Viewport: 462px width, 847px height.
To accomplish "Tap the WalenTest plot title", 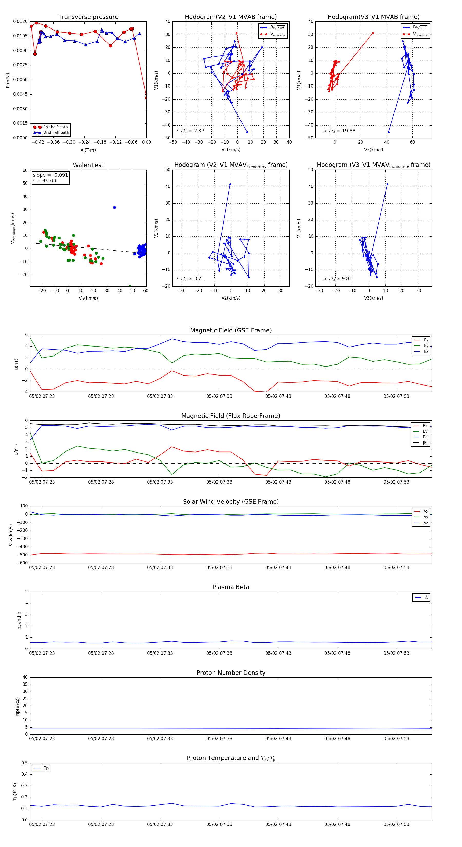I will (88, 165).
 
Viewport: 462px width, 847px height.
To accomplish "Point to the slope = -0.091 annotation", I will (50, 175).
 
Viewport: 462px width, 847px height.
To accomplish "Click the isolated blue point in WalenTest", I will (114, 207).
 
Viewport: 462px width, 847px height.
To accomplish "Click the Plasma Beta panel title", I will (231, 587).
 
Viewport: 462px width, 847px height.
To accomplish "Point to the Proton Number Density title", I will (231, 672).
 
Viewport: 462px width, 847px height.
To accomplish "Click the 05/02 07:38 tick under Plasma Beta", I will (219, 653).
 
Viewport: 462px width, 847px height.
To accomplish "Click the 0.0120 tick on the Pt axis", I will (20, 21).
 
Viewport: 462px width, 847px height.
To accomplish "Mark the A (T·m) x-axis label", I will (88, 150).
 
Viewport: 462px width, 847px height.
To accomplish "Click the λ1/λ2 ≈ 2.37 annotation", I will (190, 131).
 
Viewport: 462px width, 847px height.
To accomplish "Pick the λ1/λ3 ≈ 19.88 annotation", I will (339, 131).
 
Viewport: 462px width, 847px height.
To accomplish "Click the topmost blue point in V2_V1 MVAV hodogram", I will (230, 184).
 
